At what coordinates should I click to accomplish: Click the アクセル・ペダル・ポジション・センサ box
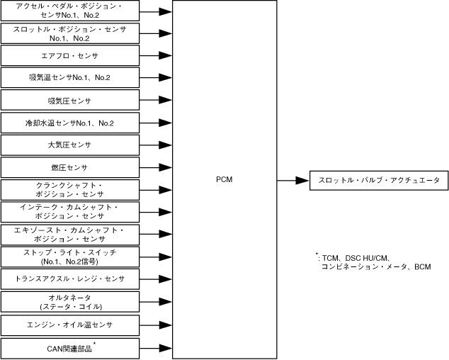coord(69,11)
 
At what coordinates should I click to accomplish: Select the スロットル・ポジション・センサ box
coord(69,33)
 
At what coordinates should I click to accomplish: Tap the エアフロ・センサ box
coord(69,55)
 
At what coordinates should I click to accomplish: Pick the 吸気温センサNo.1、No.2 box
coord(69,77)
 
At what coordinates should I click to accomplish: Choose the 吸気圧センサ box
coord(69,100)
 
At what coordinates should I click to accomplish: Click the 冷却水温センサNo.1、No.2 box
coord(69,123)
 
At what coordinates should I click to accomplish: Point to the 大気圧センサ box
coord(69,145)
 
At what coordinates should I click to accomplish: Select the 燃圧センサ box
coord(69,167)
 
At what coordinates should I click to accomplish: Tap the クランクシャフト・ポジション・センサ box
coord(69,189)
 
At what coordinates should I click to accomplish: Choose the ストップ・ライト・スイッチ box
coord(69,257)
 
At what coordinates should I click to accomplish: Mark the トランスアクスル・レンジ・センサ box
coord(69,279)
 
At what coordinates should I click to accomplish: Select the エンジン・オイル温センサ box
coord(69,325)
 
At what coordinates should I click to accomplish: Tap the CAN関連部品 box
coord(69,348)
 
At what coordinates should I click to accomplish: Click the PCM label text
coord(224,180)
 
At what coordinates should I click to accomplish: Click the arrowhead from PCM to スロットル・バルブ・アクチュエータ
coord(304,181)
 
